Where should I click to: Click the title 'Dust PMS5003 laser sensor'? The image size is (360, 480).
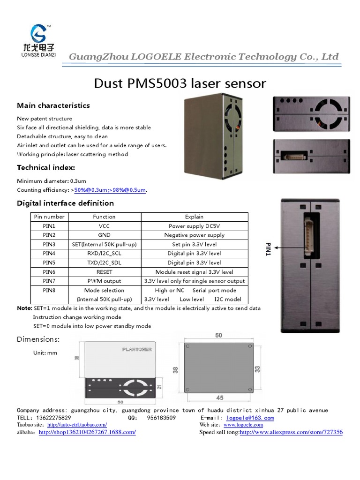coord(180,84)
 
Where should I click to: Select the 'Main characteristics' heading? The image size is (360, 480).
coord(53,105)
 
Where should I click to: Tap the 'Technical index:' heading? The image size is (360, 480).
coord(46,167)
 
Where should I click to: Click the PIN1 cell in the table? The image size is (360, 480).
coord(49,226)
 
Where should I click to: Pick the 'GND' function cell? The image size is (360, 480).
coord(104,235)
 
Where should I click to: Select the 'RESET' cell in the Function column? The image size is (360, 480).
coord(104,272)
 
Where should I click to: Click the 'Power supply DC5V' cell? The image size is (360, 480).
coord(194,226)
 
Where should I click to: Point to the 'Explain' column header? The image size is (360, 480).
coord(194,217)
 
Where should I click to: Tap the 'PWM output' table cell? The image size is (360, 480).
coord(104,281)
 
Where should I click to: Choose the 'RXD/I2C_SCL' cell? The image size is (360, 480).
coord(104,254)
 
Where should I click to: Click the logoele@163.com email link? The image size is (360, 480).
coord(250,418)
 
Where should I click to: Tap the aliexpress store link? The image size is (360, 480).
coord(291,432)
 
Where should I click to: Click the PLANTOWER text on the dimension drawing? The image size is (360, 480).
coord(136,349)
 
